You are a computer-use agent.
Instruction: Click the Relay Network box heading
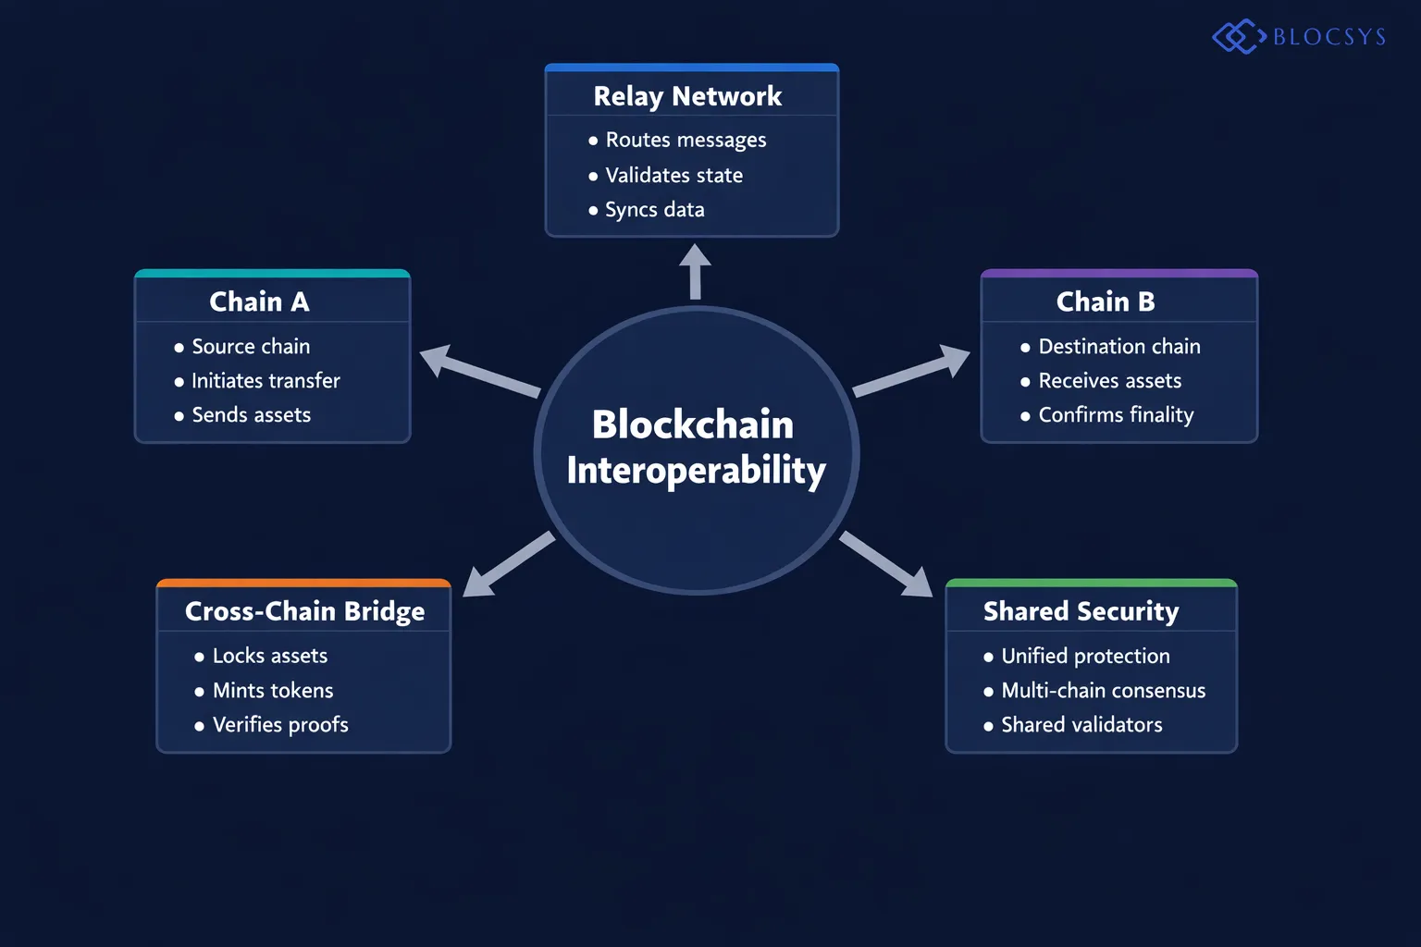[687, 96]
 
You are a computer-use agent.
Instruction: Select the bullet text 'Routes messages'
[686, 141]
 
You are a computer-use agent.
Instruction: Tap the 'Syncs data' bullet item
[654, 210]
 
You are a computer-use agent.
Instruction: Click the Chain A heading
[259, 301]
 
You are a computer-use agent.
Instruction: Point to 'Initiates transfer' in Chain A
[266, 381]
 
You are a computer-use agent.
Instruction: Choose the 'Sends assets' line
[251, 415]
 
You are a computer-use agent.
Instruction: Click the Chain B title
[1106, 301]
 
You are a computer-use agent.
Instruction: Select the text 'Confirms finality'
[1116, 415]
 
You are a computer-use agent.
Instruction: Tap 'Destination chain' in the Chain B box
[1119, 347]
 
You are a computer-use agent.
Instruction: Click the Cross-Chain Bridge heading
[304, 611]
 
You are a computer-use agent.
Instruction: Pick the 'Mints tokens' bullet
[273, 691]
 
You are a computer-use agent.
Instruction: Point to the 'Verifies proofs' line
[280, 725]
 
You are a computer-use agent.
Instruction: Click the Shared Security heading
[1081, 611]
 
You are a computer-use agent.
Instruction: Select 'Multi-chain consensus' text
[1103, 691]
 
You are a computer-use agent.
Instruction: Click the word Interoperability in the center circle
[696, 471]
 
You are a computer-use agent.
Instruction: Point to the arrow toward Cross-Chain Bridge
[507, 565]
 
